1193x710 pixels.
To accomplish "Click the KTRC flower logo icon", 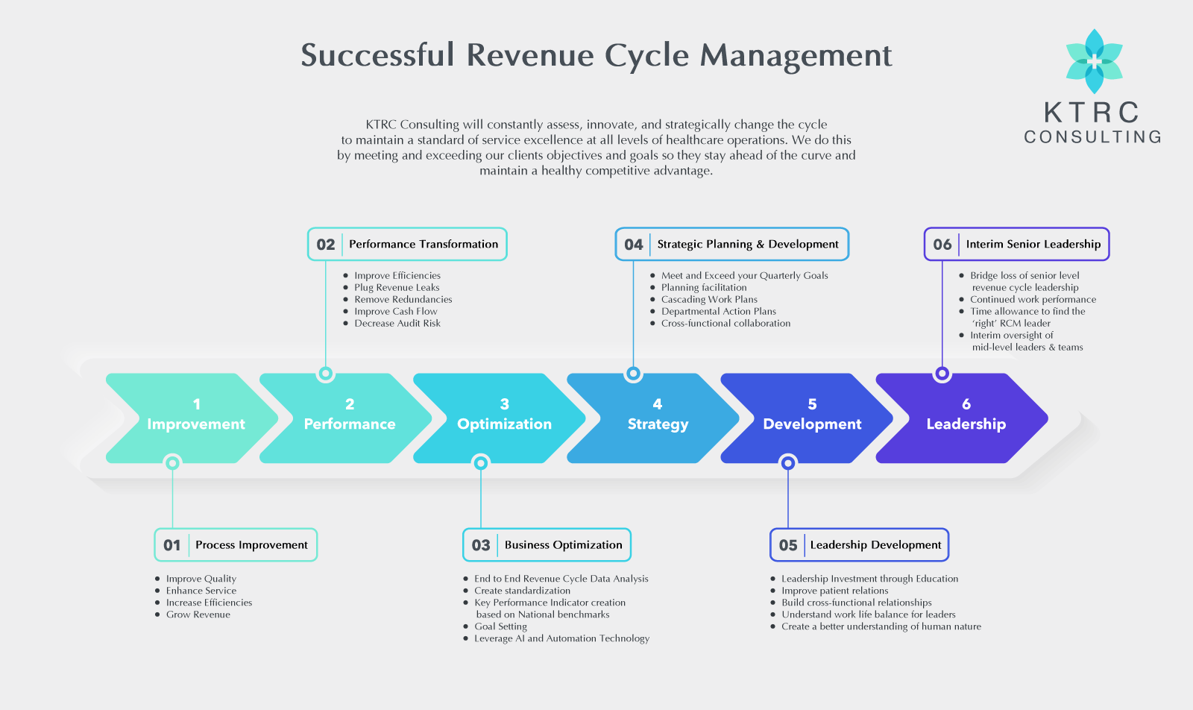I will click(x=1094, y=61).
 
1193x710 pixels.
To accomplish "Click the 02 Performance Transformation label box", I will click(x=407, y=244).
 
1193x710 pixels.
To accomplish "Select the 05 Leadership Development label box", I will click(x=859, y=545).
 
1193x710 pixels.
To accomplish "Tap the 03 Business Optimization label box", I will click(x=547, y=545).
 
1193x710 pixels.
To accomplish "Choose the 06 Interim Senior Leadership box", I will click(x=1016, y=244).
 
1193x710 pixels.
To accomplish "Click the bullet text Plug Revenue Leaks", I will click(x=397, y=287).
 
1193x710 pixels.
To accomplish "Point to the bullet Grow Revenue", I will click(x=198, y=615).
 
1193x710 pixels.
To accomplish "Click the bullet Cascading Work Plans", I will click(x=709, y=299).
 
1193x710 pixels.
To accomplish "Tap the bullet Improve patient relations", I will click(x=834, y=591).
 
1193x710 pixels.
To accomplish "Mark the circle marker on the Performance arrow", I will click(x=326, y=374).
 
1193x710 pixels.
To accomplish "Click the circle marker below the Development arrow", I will click(x=788, y=463).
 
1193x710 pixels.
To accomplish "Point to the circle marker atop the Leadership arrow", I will click(x=942, y=374).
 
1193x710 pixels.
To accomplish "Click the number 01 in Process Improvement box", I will click(x=172, y=545).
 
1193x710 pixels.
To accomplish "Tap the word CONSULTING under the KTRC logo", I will click(x=1092, y=137).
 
